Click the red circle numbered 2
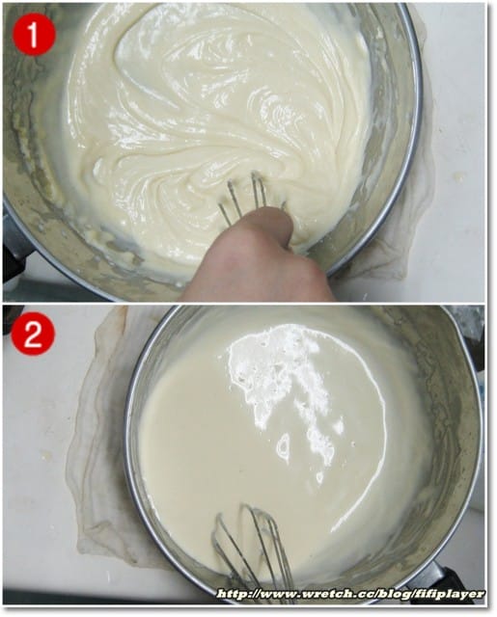33,335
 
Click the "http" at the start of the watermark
234,594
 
